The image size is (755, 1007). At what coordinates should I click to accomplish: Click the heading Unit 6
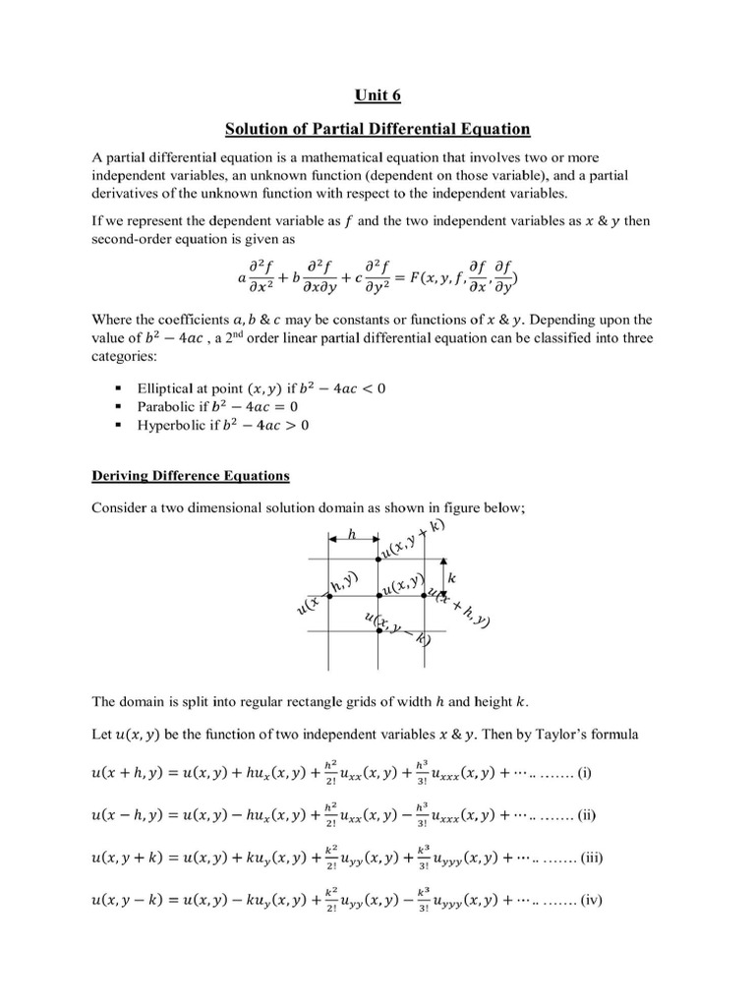click(377, 95)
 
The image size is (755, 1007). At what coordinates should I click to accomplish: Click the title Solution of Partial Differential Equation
click(377, 129)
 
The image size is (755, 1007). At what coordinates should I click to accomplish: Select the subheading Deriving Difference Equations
click(191, 476)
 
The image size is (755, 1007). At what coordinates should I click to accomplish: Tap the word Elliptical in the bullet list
click(169, 387)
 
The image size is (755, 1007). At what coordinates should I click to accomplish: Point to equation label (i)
click(584, 772)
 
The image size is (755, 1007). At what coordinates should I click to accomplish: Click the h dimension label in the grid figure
click(353, 534)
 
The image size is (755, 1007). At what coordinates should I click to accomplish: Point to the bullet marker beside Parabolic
click(119, 407)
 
